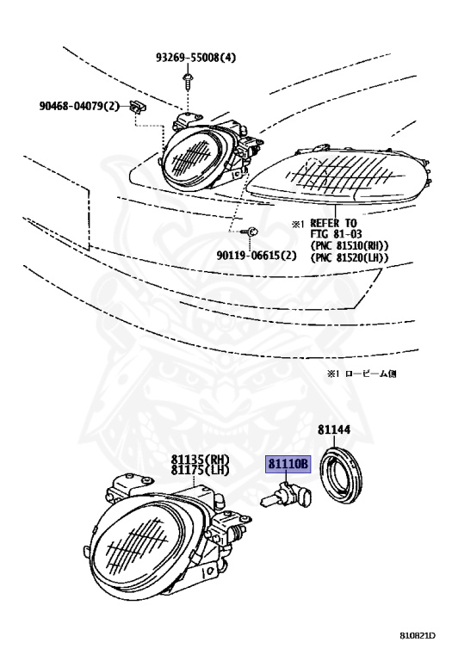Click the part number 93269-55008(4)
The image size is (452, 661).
coord(195,58)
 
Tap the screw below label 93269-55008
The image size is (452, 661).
coord(186,83)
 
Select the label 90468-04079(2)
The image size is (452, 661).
coord(80,105)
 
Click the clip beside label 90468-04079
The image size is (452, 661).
coord(138,107)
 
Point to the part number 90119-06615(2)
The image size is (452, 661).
coord(257,255)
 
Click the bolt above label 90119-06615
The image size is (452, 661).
coord(250,232)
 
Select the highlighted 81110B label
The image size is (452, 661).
coord(288,464)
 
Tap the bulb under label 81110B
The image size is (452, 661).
coord(286,497)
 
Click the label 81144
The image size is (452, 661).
coord(334,429)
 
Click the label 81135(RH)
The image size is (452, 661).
coord(201,459)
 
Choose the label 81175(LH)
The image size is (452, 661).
coord(201,470)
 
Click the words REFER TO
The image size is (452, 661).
coord(333,223)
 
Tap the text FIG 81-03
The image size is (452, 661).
coord(336,234)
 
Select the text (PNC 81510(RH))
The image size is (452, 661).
coord(350,245)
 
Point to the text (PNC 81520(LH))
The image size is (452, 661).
coord(350,257)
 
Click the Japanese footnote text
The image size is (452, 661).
coord(362,373)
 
